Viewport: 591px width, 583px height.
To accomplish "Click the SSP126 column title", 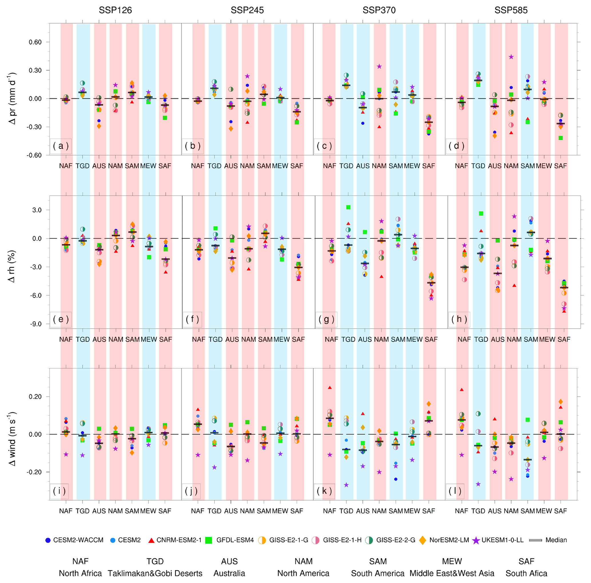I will coord(115,10).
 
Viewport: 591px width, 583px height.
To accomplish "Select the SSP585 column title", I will coord(511,10).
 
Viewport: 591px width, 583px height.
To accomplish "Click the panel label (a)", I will coord(61,146).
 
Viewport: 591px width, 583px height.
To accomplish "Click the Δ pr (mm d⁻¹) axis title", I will coord(13,98).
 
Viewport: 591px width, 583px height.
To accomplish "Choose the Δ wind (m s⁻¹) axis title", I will coord(13,439).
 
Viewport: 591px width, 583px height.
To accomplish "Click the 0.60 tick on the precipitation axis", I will coord(35,42).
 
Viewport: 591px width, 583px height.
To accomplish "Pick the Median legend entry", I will coord(550,540).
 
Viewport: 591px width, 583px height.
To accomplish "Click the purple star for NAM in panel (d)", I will coord(511,57).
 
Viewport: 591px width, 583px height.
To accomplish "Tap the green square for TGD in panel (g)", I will coord(348,207).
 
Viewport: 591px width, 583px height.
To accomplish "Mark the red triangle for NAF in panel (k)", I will coord(330,388).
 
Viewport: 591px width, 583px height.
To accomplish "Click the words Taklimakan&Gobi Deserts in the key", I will coord(155,573).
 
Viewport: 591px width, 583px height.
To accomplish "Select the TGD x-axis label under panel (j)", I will coord(214,511).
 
